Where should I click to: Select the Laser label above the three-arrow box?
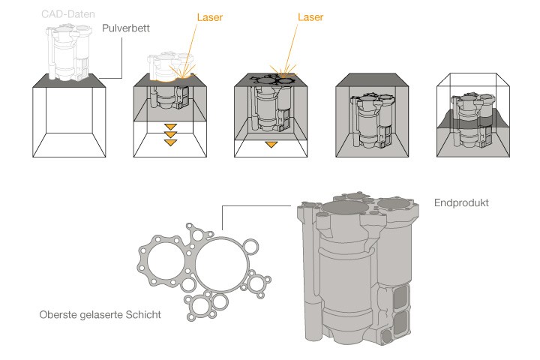[x=211, y=16]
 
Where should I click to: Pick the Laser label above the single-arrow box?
[x=310, y=16]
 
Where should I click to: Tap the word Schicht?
[x=144, y=315]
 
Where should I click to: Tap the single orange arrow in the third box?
[x=271, y=142]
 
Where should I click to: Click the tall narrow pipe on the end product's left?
[x=307, y=285]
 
